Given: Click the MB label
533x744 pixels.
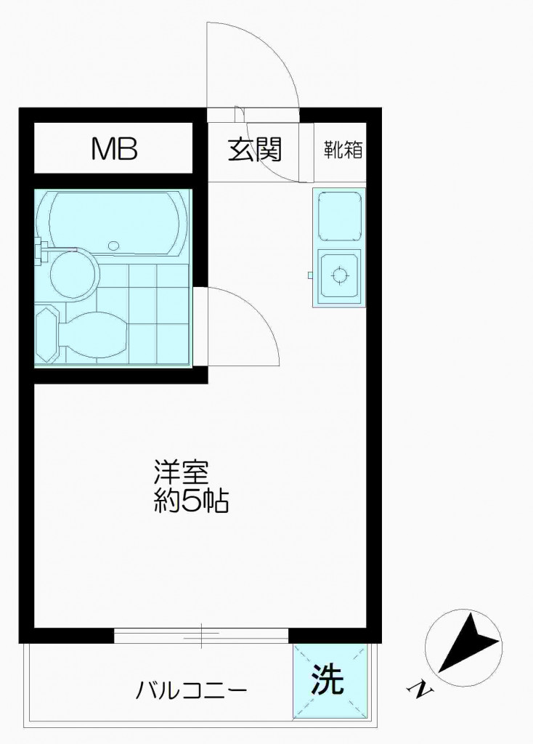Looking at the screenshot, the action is (114, 148).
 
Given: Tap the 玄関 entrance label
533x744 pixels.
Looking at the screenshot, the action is (255, 150).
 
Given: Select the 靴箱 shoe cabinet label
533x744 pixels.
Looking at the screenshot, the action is (343, 150).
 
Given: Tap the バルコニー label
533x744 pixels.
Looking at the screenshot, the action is (191, 690).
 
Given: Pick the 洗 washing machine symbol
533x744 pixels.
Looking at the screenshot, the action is (327, 680).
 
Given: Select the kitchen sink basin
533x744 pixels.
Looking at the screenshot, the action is (338, 216).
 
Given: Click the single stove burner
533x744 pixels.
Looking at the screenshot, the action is (340, 275).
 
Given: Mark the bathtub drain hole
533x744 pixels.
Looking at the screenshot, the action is (113, 246).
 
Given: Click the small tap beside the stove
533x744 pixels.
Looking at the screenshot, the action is (309, 275).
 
